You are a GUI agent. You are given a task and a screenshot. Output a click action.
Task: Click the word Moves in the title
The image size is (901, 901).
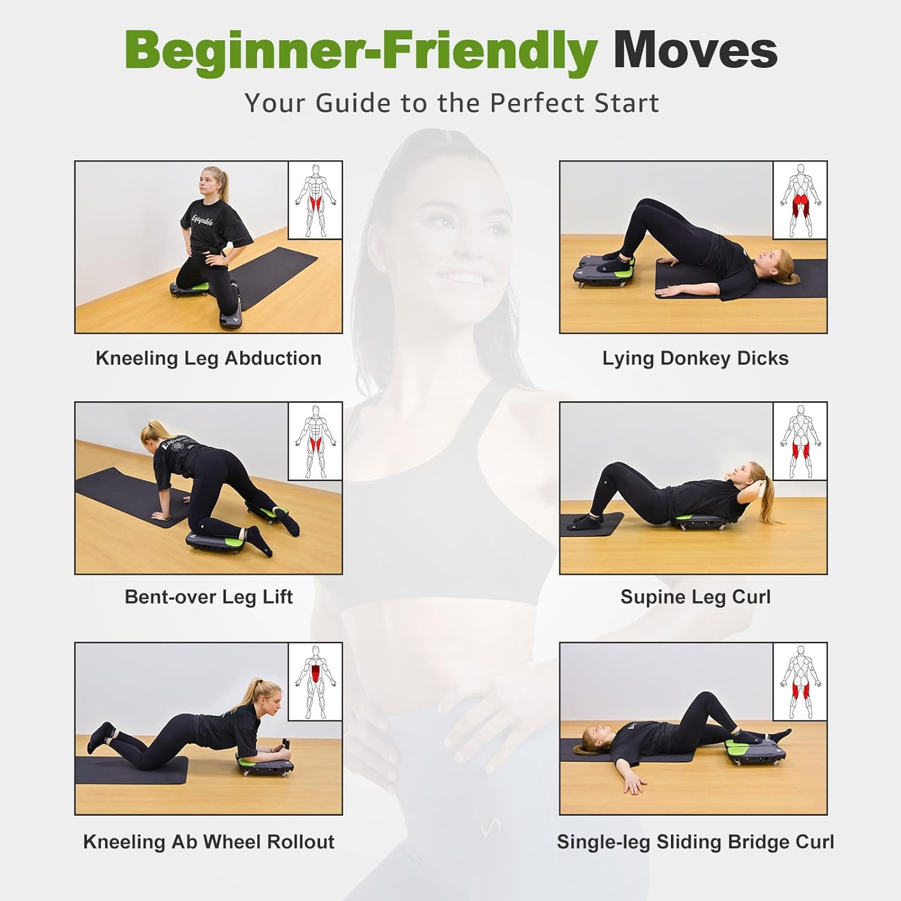tap(695, 50)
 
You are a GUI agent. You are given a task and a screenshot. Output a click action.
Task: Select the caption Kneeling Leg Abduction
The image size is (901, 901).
tap(208, 359)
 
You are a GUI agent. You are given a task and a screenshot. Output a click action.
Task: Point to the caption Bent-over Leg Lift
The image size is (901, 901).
tap(208, 597)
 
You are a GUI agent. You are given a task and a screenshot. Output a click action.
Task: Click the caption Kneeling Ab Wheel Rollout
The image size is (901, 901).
tap(208, 842)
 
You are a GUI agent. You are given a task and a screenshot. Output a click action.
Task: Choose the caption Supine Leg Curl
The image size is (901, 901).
tap(695, 597)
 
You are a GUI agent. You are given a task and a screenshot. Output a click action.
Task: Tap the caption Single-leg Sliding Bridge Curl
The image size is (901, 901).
tap(695, 842)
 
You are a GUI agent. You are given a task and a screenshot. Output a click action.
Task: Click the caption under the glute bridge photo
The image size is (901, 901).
tap(695, 359)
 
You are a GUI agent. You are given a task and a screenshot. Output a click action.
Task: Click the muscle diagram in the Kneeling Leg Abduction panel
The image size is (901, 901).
tap(315, 200)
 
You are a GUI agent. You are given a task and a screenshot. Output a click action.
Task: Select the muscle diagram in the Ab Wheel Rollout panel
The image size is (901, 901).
tap(315, 682)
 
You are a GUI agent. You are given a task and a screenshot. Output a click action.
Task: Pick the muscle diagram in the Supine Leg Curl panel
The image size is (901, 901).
tap(799, 441)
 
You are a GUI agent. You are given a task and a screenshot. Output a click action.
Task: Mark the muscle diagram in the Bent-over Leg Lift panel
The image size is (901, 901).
tap(315, 441)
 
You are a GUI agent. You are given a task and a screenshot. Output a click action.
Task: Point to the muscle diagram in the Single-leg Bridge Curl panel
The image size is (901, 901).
tap(799, 682)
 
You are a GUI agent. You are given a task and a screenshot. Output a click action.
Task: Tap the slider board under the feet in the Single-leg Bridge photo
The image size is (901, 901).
tap(755, 751)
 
